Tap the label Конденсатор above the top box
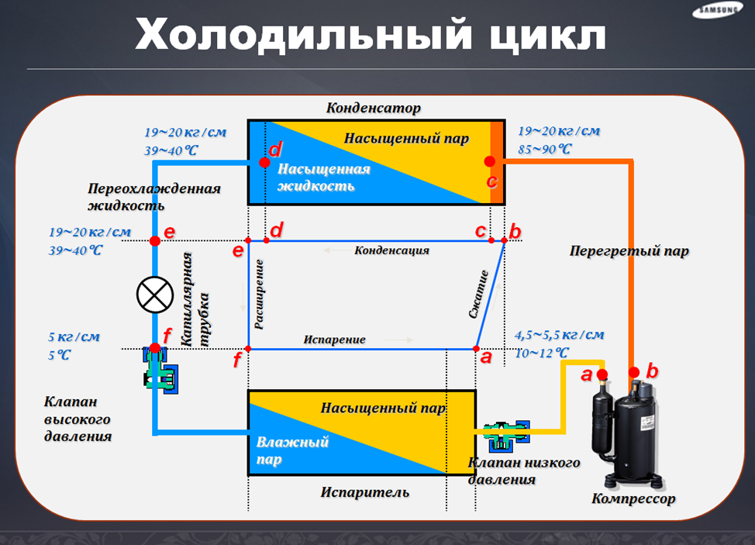coord(374,108)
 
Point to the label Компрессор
coord(633,498)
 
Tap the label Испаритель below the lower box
coord(365,492)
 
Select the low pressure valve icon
coord(504,434)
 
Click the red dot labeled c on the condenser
coord(489,161)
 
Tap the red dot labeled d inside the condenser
coord(264,164)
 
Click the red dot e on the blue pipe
coord(155,240)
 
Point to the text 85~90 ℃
coord(544,148)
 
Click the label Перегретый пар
coord(629,251)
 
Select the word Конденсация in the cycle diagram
coord(391,250)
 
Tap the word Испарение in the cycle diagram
coord(334,340)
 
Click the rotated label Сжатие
coord(478,295)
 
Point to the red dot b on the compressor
coord(635,373)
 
